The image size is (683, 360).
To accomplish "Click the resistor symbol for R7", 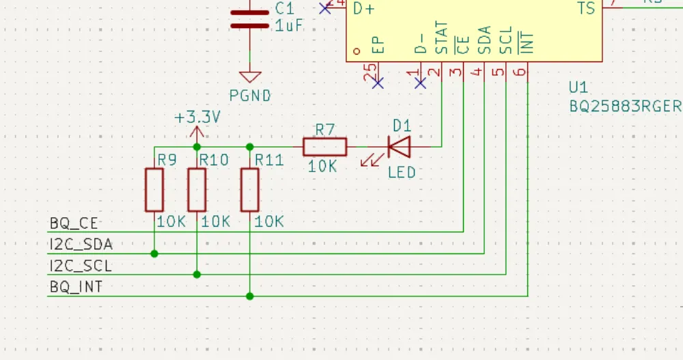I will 324,147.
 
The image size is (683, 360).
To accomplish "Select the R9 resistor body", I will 154,191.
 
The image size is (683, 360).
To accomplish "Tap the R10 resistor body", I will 197,191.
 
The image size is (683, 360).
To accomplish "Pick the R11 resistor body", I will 250,191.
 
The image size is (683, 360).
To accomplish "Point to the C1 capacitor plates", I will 250,19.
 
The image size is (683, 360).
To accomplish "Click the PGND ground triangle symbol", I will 250,77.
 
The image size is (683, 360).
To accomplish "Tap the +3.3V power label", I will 197,117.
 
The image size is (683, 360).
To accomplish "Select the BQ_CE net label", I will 74,223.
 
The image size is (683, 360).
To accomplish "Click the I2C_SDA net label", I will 81,245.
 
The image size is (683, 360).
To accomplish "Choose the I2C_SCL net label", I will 81,266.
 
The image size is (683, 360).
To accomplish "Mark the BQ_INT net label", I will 76,287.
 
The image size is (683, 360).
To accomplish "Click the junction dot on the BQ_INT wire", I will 250,296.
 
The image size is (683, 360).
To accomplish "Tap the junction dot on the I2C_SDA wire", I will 154,253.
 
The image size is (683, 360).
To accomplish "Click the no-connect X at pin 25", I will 377,83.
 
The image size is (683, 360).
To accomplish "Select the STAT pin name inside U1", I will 442,38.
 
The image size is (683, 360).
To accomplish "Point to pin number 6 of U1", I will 521,71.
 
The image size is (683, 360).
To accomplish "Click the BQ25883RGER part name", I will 625,107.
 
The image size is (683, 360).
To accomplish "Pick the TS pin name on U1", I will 586,9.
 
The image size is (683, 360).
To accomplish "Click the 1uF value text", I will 289,26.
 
